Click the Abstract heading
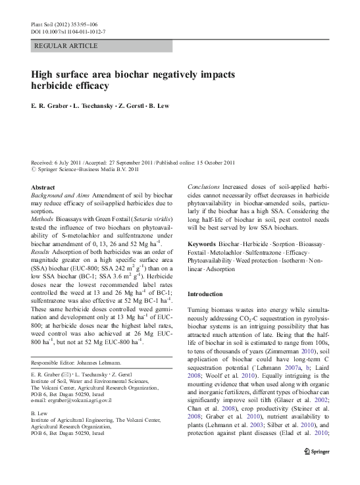click(43, 188)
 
